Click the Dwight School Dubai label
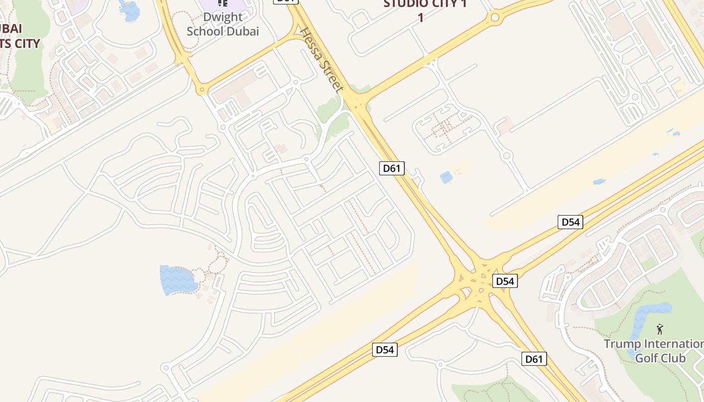click(x=222, y=24)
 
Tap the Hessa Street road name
click(x=322, y=60)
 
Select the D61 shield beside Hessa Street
click(x=391, y=168)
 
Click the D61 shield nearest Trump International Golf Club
click(x=534, y=359)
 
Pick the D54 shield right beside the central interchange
click(x=504, y=281)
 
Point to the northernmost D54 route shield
click(x=570, y=222)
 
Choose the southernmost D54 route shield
click(x=385, y=350)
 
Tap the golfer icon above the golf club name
click(x=660, y=330)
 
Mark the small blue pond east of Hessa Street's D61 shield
click(x=446, y=177)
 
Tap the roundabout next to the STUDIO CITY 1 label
click(x=495, y=19)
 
